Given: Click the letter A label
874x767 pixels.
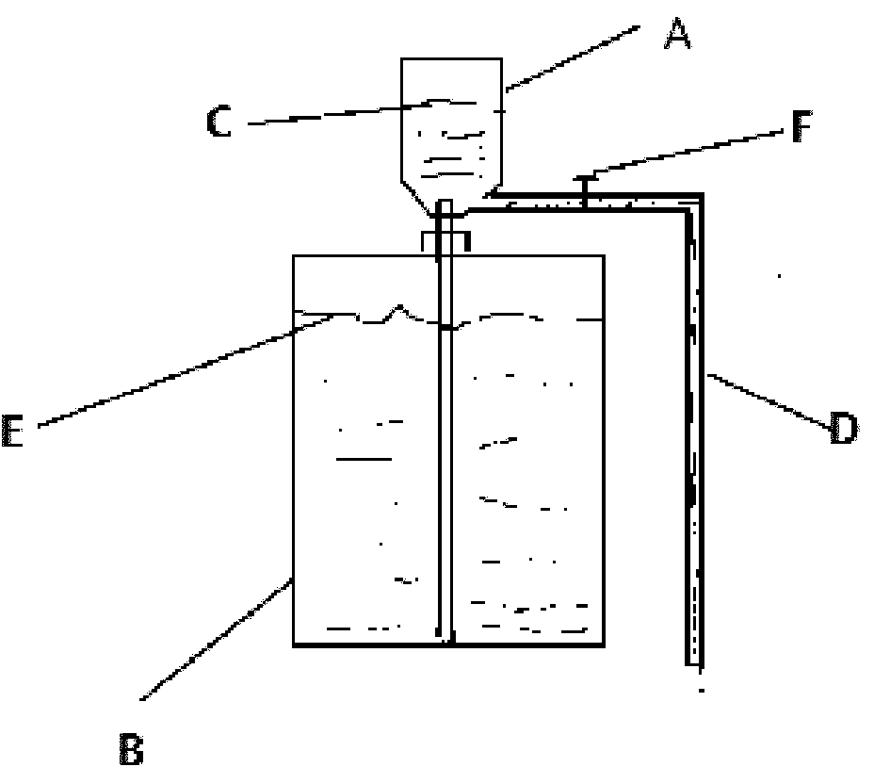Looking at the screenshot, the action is pos(677,34).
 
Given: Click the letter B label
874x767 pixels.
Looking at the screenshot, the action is pos(132,748).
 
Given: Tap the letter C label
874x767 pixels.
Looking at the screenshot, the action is pos(218,121).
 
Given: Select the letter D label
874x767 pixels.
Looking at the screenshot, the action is pos(842,428).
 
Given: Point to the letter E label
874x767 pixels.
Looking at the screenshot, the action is pos(12,431).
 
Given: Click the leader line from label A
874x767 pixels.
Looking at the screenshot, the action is pos(573,57).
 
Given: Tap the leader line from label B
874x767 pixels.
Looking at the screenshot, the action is pos(217,639).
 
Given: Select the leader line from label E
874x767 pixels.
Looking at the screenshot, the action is pos(186,370).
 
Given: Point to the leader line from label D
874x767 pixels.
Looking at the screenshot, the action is pos(769,401).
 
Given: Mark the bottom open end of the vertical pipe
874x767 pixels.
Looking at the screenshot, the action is pos(694,664).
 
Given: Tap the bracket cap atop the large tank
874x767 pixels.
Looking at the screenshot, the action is pos(445,241).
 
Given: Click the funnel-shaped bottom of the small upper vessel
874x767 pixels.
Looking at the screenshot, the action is pos(451,199).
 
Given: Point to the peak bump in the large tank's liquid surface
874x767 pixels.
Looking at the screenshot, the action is pos(399,307).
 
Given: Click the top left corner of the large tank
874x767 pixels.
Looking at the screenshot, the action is pos(294,256).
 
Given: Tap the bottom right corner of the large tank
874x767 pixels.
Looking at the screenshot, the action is pos(604,645).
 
